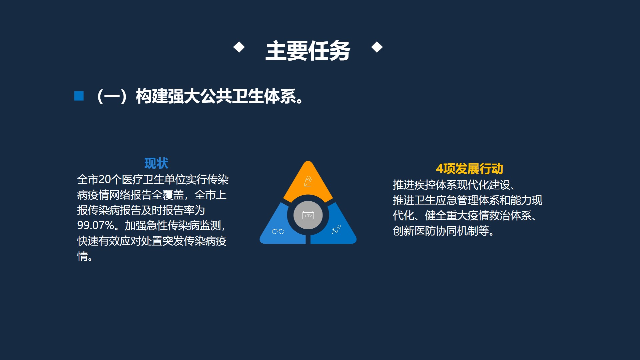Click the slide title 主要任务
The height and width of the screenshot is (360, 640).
(x=307, y=51)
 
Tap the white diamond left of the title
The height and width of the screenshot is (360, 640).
(x=239, y=47)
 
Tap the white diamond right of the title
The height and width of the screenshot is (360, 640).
(x=377, y=47)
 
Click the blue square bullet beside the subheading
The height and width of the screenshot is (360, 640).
(x=79, y=96)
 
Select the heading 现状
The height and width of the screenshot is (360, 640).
(x=156, y=163)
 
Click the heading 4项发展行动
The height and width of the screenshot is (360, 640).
(x=469, y=169)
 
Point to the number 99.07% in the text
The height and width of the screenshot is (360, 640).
(x=96, y=225)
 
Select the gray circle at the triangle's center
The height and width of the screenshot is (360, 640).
(x=308, y=215)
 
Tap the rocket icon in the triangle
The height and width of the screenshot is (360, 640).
(x=336, y=229)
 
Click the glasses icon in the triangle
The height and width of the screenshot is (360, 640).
(x=278, y=231)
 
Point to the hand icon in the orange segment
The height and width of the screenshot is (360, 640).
(x=308, y=181)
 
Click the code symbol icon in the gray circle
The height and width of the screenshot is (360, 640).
(x=308, y=215)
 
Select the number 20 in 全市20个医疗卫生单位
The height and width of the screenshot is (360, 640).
(x=104, y=180)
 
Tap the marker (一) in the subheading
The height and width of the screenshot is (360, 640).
(x=112, y=96)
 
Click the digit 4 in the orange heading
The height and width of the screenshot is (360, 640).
(x=440, y=169)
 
